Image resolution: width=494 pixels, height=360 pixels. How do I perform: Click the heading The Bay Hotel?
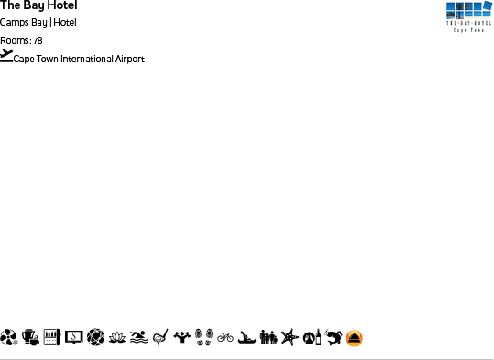click(38, 5)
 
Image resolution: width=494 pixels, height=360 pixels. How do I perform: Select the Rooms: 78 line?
click(21, 40)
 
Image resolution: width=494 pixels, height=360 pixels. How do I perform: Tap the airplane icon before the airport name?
click(6, 56)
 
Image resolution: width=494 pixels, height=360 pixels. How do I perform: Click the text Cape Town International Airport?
click(79, 60)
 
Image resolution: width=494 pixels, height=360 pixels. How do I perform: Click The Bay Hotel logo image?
click(464, 16)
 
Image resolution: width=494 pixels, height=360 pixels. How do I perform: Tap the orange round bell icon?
click(355, 338)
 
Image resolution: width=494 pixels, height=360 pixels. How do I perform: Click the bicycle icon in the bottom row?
click(225, 338)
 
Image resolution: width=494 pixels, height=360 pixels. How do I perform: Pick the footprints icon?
click(204, 338)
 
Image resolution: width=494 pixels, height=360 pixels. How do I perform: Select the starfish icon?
click(290, 338)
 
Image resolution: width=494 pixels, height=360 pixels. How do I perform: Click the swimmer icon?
click(138, 338)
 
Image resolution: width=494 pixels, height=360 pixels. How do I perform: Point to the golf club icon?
click(160, 338)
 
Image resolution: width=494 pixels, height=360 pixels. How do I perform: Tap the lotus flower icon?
click(117, 338)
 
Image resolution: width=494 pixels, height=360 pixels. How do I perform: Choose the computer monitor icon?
click(73, 338)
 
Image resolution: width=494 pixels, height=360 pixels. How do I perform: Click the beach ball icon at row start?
click(8, 338)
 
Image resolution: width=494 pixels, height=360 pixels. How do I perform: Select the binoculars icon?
click(269, 338)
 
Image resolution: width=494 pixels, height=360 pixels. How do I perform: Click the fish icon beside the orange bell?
click(333, 338)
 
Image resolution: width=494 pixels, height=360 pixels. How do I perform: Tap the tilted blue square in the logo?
click(488, 6)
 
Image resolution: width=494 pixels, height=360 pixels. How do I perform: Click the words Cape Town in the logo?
click(464, 29)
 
